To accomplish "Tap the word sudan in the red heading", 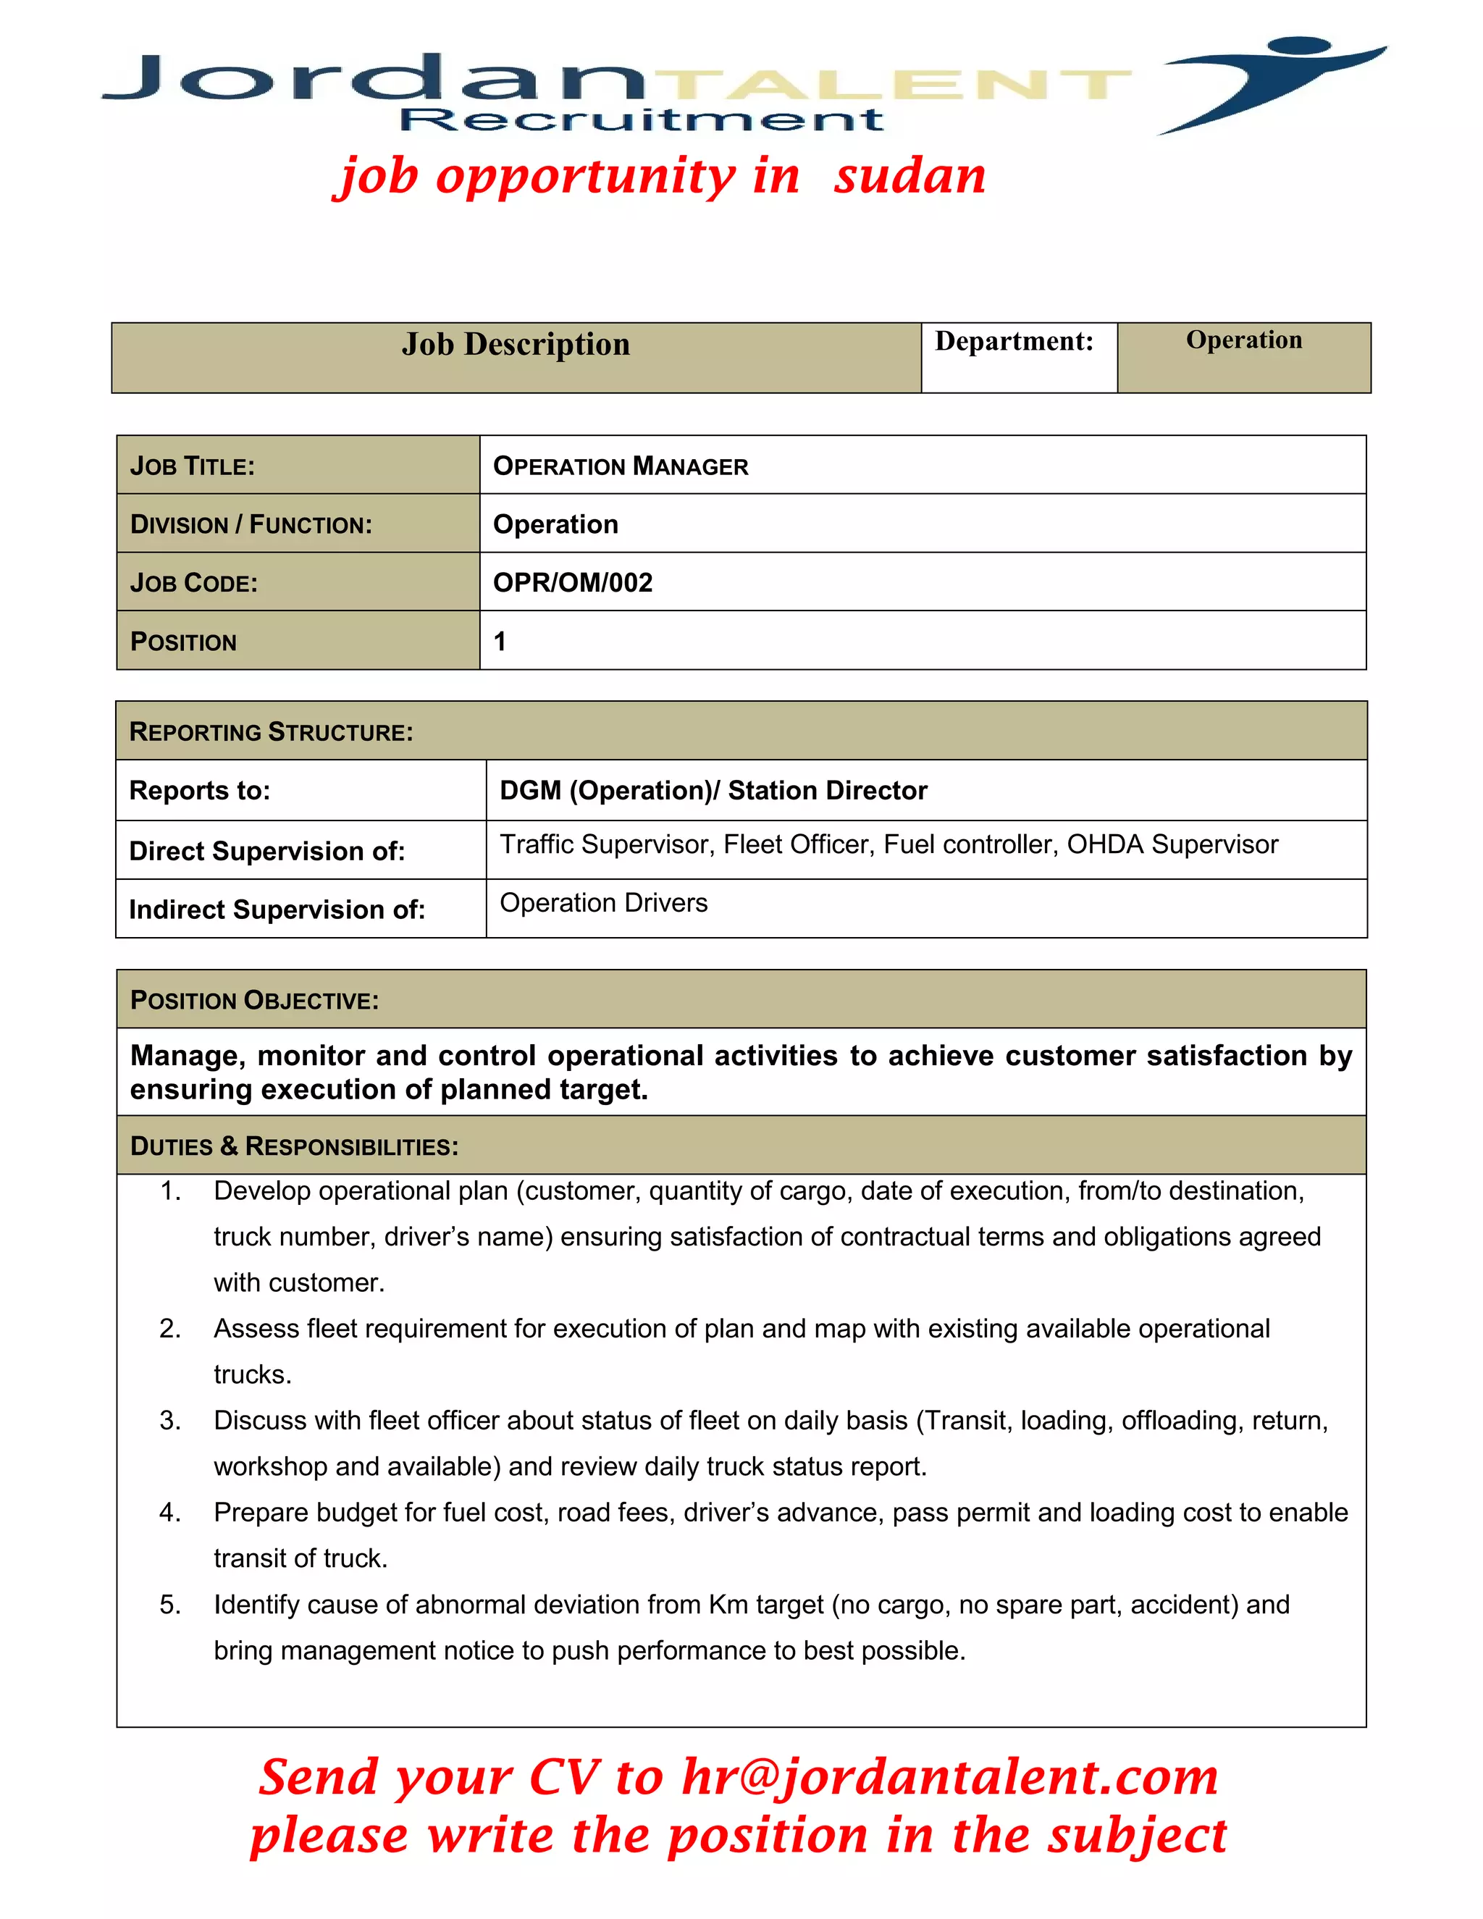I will [x=910, y=176].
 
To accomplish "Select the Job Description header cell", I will [x=516, y=345].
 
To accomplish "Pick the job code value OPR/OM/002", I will [x=573, y=582].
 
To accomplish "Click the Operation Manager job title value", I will [x=621, y=466].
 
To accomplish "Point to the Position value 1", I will [x=500, y=642].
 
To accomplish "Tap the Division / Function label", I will [x=251, y=524].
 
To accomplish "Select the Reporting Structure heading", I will [x=271, y=732].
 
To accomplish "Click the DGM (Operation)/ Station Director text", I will [x=713, y=791].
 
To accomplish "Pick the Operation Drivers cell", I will [x=604, y=903].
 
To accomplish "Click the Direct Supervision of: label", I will [x=267, y=852].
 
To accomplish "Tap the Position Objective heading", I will [x=254, y=1001].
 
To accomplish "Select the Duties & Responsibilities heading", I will [x=294, y=1146].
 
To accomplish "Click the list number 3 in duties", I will [x=169, y=1421].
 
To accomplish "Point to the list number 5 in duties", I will [x=169, y=1605].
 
